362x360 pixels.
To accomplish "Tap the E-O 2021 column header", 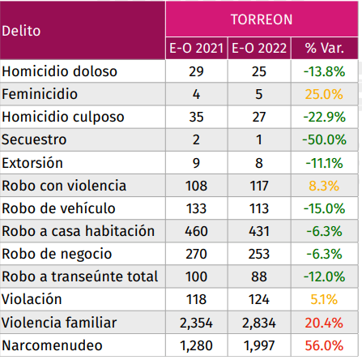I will (x=198, y=48).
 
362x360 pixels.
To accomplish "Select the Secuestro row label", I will (x=34, y=139).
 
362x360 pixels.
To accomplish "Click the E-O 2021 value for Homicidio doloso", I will (x=198, y=71).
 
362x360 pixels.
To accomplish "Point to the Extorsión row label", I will (x=32, y=163).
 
